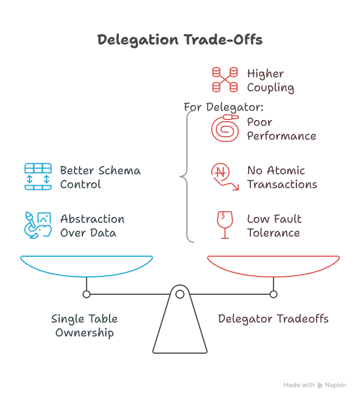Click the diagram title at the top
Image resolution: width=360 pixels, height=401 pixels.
pos(179,41)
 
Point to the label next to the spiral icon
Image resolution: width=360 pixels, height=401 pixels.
pos(281,130)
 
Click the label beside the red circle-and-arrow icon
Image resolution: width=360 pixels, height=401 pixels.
pos(281,178)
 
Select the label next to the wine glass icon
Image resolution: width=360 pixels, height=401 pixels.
pos(275,227)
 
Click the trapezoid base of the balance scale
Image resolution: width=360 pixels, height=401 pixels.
pos(179,329)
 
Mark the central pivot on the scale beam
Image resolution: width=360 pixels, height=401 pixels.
pos(179,288)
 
